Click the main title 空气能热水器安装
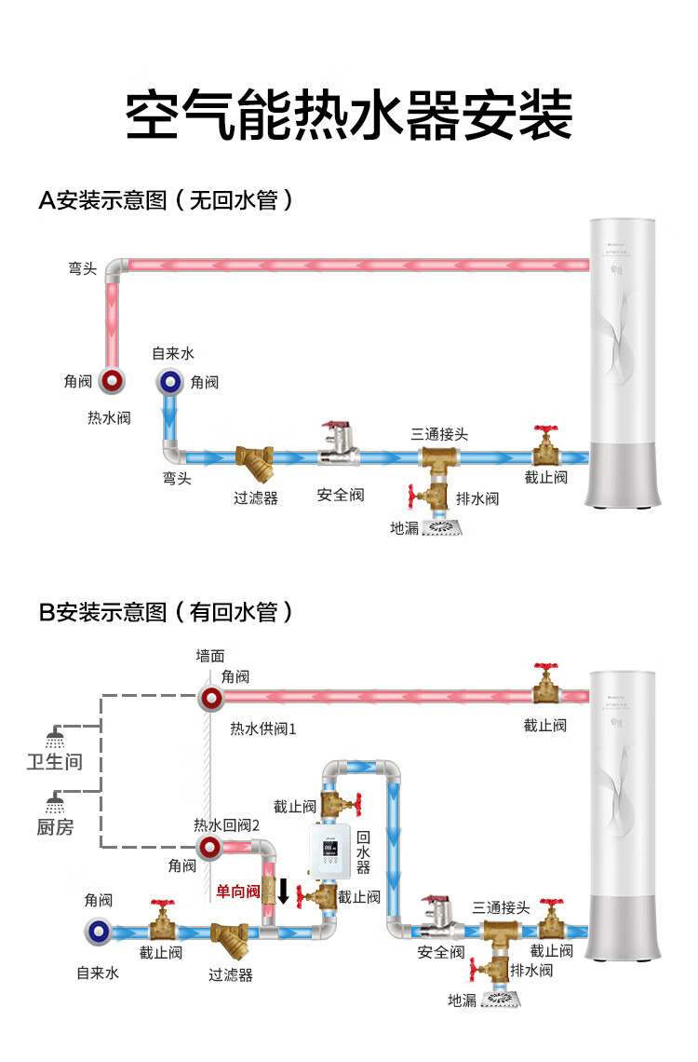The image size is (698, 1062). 348,116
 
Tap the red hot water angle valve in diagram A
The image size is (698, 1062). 114,381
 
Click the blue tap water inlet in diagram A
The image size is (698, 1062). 170,380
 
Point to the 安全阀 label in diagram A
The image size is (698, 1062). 340,495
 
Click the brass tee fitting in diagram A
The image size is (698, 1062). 435,458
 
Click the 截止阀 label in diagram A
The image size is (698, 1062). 545,477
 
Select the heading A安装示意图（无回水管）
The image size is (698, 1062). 166,199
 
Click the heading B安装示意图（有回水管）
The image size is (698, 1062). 166,612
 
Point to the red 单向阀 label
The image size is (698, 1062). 238,892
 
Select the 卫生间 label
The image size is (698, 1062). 54,762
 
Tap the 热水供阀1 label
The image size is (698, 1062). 263,728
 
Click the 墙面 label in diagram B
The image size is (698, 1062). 210,656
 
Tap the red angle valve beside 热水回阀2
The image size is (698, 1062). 210,847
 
